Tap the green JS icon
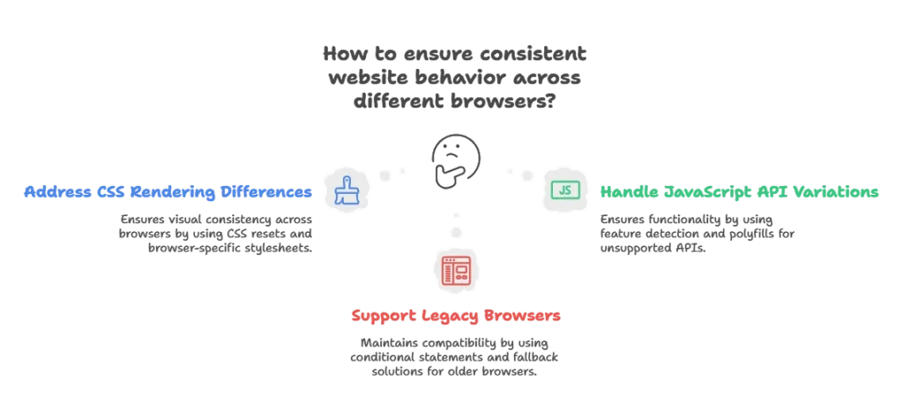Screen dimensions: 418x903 tap(563, 189)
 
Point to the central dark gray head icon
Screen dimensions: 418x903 tap(454, 157)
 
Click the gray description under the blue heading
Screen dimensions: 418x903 tap(215, 233)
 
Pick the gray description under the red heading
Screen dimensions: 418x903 tap(455, 353)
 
